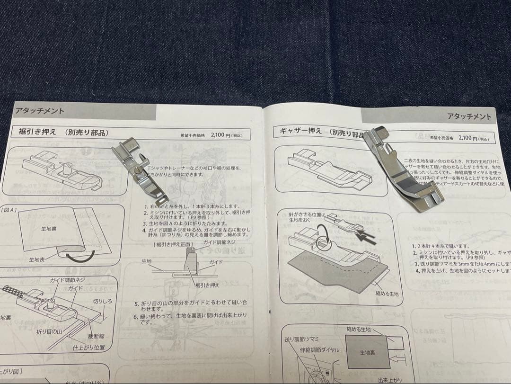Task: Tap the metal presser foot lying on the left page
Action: (x=139, y=170)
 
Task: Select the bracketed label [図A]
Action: (x=9, y=209)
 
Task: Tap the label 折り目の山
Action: (x=51, y=332)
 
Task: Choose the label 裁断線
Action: (x=96, y=337)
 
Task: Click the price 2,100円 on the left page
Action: (x=220, y=135)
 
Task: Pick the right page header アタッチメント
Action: (x=468, y=116)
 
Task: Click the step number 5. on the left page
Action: (x=137, y=303)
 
